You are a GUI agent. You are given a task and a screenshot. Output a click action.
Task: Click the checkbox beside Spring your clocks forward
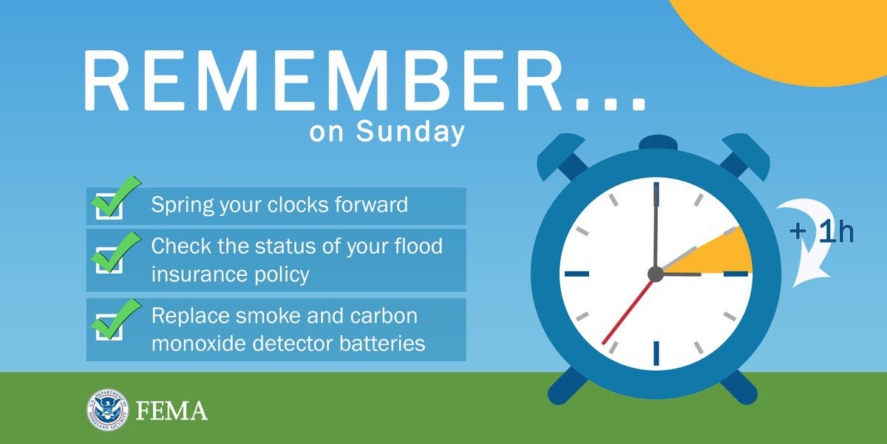tap(110, 206)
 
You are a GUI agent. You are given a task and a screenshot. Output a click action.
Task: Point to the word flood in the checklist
tap(414, 246)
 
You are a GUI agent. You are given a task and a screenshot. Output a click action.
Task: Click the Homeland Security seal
tap(106, 409)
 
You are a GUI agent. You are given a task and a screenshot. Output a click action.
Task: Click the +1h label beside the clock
tap(820, 232)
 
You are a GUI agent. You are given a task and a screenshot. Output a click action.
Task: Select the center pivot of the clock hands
tap(655, 275)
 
